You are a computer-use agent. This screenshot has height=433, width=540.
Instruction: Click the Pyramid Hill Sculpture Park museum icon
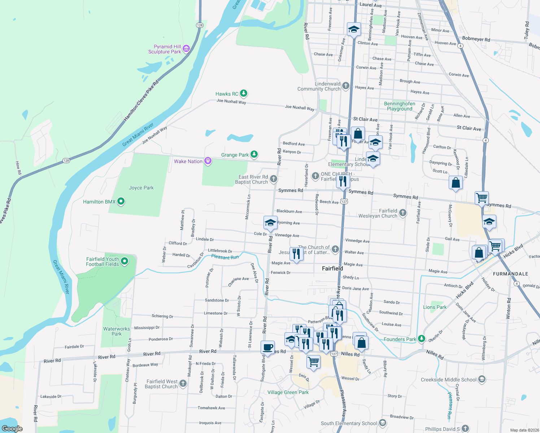pos(186,48)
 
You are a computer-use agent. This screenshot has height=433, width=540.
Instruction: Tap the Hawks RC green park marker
pos(244,93)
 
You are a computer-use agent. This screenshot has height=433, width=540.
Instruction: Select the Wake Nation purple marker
pos(208,161)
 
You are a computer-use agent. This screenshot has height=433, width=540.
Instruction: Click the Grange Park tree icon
pos(254,154)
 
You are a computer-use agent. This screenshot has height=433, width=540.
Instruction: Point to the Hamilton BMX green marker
pos(121,201)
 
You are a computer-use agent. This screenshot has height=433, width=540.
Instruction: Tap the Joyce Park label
pos(141,188)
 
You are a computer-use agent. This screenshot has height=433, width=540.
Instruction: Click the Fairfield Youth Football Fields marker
pos(125,261)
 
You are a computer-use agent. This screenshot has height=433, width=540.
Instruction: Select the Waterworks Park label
pos(116,331)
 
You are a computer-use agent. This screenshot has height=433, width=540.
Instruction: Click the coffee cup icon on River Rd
pos(267,347)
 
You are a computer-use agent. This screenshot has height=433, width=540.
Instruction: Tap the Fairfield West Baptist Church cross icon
pos(183,383)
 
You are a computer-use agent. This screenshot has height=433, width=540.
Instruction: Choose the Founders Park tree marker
pos(421,339)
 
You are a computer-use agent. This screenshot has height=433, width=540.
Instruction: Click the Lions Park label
pos(435,307)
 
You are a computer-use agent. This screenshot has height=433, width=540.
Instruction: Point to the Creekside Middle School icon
pos(482,379)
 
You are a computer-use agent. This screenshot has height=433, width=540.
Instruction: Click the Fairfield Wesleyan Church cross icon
pos(403,213)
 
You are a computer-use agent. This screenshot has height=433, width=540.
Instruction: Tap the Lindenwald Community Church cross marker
pos(346,86)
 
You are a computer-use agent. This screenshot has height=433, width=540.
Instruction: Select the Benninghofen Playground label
pos(399,106)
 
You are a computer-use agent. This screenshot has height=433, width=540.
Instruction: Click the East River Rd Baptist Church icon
pos(274,179)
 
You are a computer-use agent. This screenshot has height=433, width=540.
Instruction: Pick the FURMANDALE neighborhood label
pos(510,274)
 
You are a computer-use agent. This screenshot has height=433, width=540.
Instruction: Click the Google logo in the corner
pos(12,428)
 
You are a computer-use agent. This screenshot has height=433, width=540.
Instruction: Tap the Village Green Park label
pos(288,392)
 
